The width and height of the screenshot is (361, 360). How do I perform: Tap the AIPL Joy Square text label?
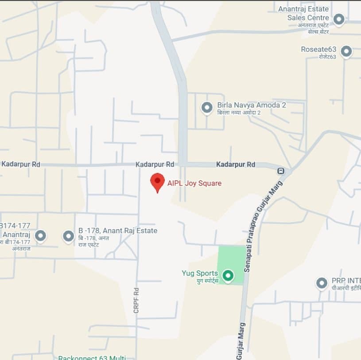click(194, 183)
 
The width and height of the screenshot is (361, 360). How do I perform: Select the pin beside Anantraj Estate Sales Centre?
click(339, 19)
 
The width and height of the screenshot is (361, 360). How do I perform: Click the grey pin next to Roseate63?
click(346, 51)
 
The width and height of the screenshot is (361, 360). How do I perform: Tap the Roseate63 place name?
click(318, 49)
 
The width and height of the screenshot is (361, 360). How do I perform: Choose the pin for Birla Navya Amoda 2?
click(207, 107)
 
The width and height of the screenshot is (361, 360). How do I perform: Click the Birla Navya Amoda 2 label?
click(251, 105)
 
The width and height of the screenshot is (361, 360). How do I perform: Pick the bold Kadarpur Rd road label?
click(236, 164)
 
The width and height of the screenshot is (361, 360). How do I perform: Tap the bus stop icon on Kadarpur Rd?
click(280, 171)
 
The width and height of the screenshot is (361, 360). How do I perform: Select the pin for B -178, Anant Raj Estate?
click(68, 236)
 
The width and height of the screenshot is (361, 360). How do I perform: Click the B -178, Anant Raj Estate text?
click(117, 231)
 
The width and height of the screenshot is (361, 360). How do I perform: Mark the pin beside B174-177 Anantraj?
click(40, 236)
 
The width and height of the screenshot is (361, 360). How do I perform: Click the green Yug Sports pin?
click(228, 276)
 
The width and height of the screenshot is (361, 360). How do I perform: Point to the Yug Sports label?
click(200, 273)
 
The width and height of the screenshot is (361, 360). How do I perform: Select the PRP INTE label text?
click(345, 281)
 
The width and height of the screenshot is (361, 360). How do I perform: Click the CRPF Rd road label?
click(136, 301)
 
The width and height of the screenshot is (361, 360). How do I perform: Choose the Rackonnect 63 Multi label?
click(92, 357)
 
